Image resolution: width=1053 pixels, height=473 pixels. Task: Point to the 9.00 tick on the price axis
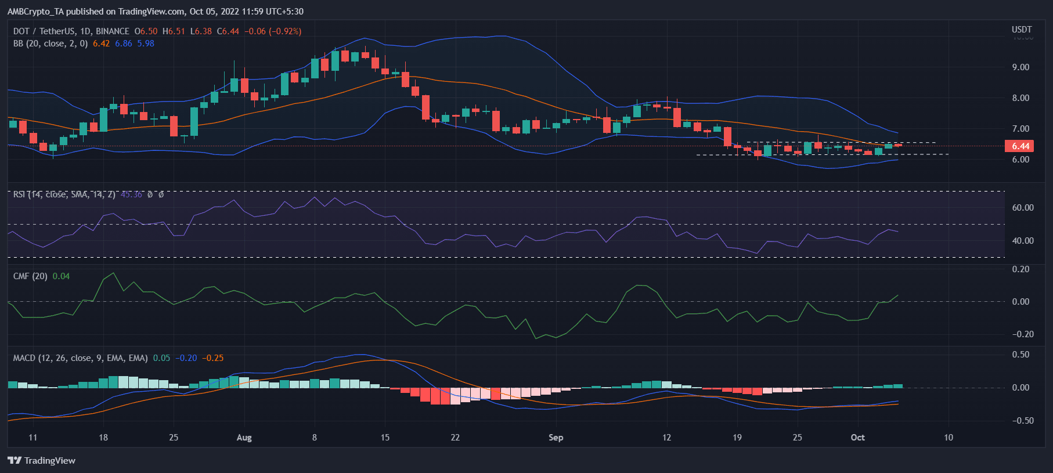tap(1020, 67)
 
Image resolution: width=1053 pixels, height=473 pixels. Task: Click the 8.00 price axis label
tap(1020, 98)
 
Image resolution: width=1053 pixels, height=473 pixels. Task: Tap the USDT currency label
tap(1021, 30)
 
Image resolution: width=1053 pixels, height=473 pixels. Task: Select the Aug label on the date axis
tap(244, 438)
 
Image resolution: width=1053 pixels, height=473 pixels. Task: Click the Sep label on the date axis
tap(556, 438)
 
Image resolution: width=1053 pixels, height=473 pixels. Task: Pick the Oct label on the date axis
tap(857, 438)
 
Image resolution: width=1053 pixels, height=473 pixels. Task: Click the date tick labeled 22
tap(455, 438)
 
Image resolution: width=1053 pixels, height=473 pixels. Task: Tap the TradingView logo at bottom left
tap(42, 460)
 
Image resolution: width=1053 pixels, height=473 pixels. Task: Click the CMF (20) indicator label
tap(30, 276)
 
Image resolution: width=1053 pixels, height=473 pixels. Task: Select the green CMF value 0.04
tap(61, 276)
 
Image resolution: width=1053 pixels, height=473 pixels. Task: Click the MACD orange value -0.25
tap(212, 358)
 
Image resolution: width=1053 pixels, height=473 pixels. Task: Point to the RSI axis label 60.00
tap(1022, 208)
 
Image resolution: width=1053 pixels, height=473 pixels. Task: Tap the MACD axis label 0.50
tap(1020, 355)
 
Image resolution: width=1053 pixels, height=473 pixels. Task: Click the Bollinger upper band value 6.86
tap(123, 44)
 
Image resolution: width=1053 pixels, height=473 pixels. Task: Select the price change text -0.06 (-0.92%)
tap(273, 31)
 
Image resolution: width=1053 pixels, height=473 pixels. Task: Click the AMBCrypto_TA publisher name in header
tap(35, 12)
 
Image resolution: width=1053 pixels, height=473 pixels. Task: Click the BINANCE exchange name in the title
tap(113, 31)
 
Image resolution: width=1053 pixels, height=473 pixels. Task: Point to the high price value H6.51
tap(174, 31)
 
